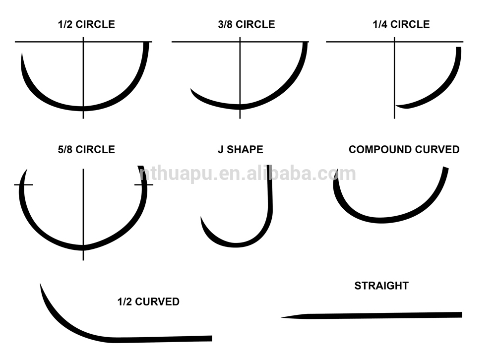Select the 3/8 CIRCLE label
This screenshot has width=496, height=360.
coord(240,24)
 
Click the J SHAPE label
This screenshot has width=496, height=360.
coord(240,149)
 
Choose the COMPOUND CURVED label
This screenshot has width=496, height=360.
coord(404,149)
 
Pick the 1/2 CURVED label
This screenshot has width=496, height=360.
coord(148,301)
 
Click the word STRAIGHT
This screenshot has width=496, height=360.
coord(381,286)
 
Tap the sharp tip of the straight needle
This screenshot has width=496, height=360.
coord(282,317)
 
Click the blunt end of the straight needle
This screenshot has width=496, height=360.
coord(461,314)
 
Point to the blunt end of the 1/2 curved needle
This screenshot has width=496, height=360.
coord(211,338)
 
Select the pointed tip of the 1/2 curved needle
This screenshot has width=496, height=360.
coord(41,284)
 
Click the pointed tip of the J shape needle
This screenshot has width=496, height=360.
coord(201,218)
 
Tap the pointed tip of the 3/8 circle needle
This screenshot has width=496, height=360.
coord(191,90)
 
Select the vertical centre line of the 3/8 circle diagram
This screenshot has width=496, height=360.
coord(240,74)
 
